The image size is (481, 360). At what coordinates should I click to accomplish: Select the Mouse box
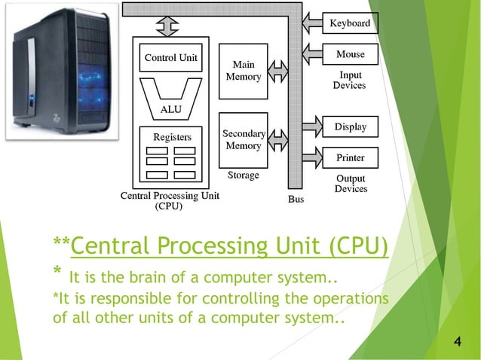pos(350,54)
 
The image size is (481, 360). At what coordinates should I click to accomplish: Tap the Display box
pos(350,127)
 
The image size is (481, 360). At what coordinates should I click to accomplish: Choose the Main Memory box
pos(243,72)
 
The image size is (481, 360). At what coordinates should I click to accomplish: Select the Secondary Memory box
pos(243,139)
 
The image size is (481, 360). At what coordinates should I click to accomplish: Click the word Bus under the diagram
pos(296,200)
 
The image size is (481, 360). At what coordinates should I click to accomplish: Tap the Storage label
pos(243,175)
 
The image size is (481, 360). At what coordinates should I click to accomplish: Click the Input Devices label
pos(350,81)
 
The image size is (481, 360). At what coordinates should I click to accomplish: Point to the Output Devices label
pos(351,183)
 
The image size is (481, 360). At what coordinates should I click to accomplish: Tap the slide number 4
pos(458,343)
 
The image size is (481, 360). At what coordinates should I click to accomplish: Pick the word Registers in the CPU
pos(172,137)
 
